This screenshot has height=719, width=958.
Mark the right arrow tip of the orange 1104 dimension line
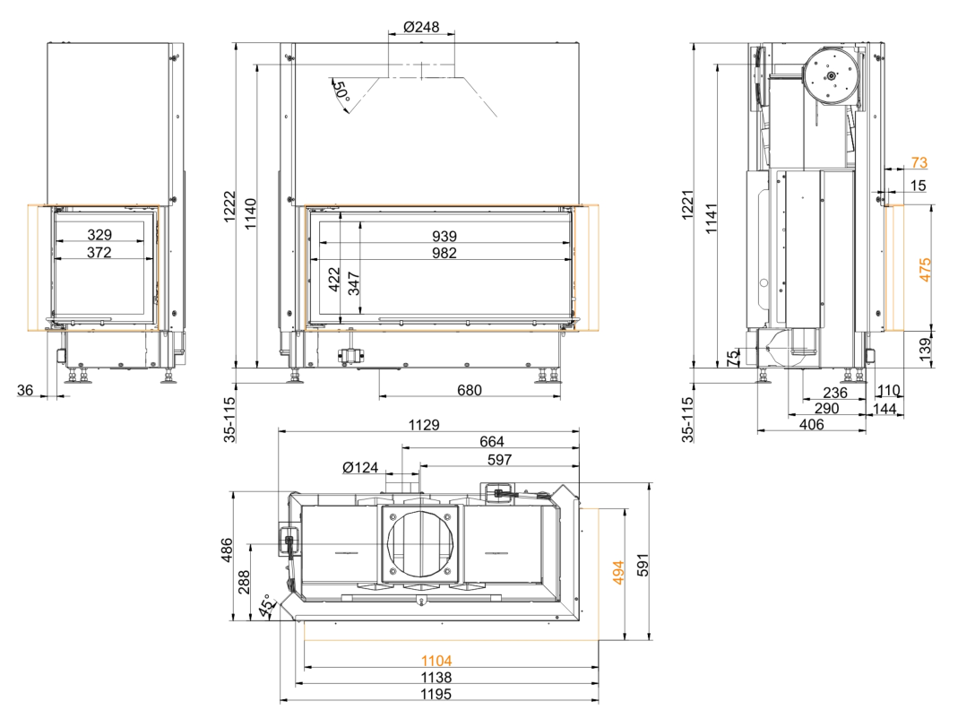pos(599,666)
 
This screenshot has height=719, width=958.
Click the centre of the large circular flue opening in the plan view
pos(421,543)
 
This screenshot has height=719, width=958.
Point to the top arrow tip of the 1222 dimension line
pos(236,43)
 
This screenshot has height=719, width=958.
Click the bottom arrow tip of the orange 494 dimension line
pos(625,640)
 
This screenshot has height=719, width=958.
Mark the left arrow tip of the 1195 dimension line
pos(280,701)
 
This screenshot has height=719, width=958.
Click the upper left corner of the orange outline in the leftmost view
pos(28,204)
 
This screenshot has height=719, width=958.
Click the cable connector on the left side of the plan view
pos(289,541)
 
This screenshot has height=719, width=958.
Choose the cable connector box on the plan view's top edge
pos(498,492)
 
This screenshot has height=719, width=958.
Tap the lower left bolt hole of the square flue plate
pos(393,572)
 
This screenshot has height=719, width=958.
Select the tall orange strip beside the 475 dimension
pos(894,268)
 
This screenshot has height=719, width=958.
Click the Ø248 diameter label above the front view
pos(421,27)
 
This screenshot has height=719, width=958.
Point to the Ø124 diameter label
pos(360,468)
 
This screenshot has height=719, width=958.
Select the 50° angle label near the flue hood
pos(341,91)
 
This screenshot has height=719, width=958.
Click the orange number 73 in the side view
pos(919,162)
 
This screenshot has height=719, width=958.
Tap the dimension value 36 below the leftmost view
pos(25,389)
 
